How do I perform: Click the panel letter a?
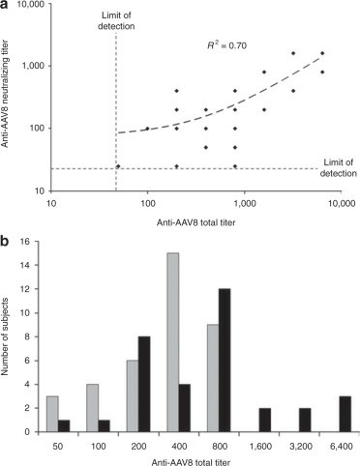7,7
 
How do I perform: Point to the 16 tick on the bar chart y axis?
35,242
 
